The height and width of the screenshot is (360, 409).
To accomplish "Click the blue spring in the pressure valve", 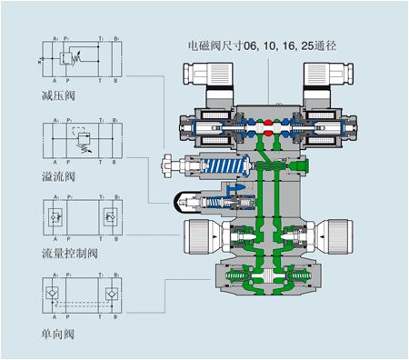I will coord(226,169).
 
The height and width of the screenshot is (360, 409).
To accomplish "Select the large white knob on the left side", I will coord(196,241).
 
